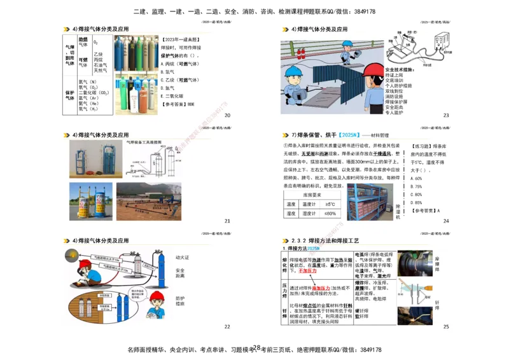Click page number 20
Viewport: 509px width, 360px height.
228,115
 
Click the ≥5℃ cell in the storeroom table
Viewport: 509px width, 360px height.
330,204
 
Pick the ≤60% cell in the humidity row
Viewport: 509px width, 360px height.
330,214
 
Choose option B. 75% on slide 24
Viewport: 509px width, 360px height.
417,186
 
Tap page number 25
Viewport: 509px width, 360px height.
446,326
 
